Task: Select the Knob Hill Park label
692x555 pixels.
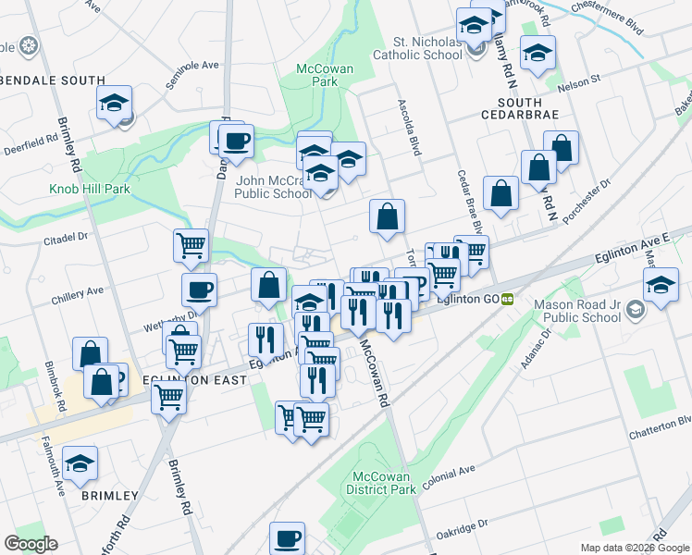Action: pyautogui.click(x=90, y=190)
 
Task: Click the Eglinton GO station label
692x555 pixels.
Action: pyautogui.click(x=474, y=298)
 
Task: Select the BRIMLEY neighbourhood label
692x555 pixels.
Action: pyautogui.click(x=109, y=496)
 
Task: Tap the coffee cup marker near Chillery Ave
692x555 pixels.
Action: pyautogui.click(x=199, y=290)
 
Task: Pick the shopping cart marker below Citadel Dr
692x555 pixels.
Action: pyautogui.click(x=191, y=246)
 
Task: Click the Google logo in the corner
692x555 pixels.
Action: pyautogui.click(x=31, y=544)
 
